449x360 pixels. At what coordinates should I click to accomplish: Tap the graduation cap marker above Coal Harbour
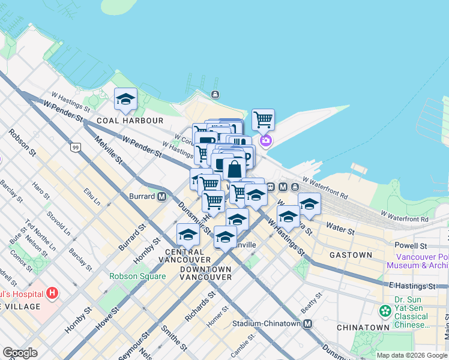125,100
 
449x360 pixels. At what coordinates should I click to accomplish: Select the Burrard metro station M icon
161,196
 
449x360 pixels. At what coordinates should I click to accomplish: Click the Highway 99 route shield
75,147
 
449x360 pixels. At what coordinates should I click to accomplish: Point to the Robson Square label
137,277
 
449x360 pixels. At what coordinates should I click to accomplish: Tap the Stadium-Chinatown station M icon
308,324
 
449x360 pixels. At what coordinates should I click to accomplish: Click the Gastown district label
351,255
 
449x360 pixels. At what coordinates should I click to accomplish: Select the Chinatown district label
363,328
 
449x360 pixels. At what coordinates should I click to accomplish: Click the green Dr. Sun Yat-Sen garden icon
384,311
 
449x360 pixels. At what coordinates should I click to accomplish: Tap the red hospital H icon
53,293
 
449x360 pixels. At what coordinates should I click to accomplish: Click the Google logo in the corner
20,353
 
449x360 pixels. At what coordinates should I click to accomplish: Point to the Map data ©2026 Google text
411,355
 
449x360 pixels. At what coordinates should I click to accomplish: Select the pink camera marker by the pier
265,141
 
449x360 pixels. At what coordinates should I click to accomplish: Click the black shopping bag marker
234,169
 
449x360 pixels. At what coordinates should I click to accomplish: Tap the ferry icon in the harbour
215,94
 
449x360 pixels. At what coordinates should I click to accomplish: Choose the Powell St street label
411,246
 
